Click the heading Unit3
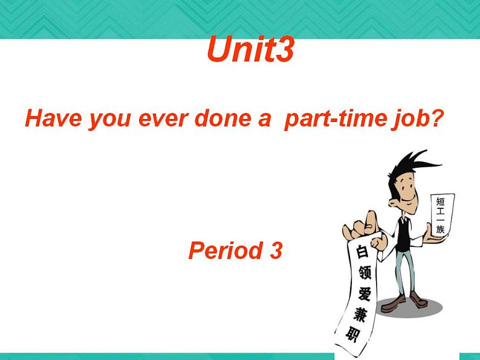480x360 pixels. click(x=250, y=50)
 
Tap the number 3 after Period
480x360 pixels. click(x=276, y=250)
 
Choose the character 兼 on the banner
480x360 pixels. click(x=357, y=315)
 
